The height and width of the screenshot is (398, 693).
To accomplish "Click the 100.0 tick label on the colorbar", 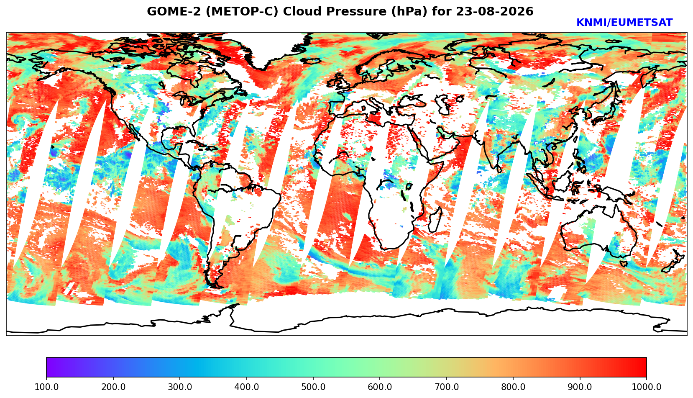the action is pyautogui.click(x=46, y=387).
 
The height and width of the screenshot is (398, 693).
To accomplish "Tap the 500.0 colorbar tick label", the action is pyautogui.click(x=313, y=387).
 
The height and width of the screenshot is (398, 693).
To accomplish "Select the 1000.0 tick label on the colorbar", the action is pyautogui.click(x=646, y=387).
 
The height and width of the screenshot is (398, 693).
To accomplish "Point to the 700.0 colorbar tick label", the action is pyautogui.click(x=446, y=387).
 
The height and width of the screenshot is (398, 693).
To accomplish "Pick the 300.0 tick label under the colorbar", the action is pyautogui.click(x=180, y=387).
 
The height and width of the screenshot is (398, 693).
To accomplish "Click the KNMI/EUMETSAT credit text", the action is pyautogui.click(x=624, y=23).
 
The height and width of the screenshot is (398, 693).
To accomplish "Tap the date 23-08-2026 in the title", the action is pyautogui.click(x=494, y=11).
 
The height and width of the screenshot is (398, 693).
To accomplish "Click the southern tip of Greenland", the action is pyautogui.click(x=263, y=69).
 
